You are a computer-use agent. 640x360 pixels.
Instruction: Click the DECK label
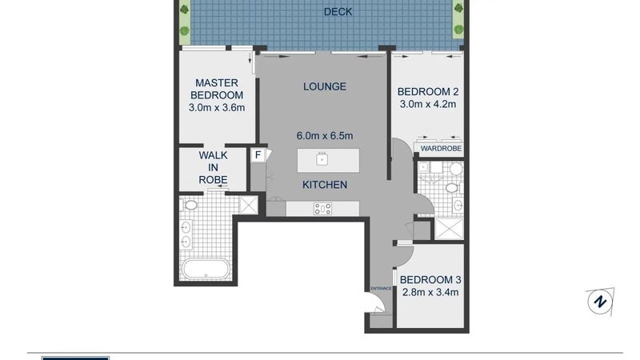pos(338,12)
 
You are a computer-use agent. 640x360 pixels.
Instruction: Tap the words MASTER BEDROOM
pos(217,89)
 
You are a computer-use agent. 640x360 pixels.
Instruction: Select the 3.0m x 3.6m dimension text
pos(217,108)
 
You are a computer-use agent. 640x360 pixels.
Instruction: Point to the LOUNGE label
pos(325,86)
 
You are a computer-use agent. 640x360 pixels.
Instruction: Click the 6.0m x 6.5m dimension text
pos(325,136)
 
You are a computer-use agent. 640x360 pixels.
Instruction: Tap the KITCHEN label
pos(325,185)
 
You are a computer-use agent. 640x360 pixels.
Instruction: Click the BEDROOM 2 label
pos(428,92)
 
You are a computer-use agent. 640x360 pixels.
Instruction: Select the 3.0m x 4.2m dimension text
pos(428,105)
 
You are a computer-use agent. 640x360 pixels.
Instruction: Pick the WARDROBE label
pos(441,149)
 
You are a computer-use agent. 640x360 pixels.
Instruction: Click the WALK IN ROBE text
pos(213,167)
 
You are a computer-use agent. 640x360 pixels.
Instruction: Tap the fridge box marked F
pos(258,155)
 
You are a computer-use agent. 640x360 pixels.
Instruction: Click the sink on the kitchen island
pos(322,158)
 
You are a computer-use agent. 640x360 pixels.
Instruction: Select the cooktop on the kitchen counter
pos(322,209)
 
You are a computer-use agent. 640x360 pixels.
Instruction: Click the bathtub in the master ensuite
pos(206,269)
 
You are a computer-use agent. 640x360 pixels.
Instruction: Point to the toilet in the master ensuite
pos(190,205)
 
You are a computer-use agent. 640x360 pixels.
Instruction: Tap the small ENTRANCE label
pos(381,289)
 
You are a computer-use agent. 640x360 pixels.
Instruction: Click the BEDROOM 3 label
pos(430,280)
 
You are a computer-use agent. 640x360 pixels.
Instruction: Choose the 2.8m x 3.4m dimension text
pos(430,292)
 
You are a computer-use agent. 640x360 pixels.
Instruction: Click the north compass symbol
pos(600,302)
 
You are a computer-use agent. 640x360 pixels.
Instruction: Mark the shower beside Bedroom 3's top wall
pos(449,230)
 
